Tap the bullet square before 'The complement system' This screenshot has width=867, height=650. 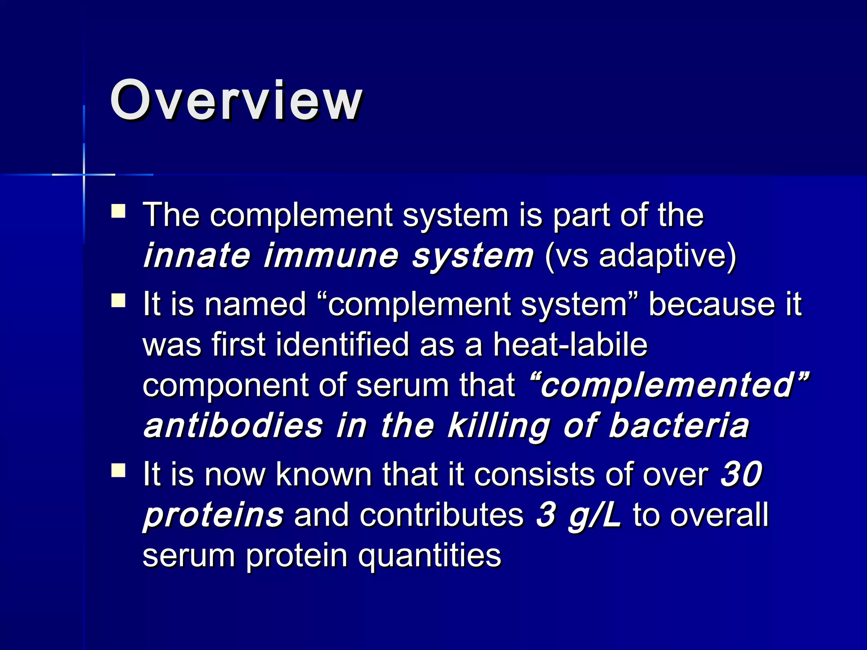tap(119, 211)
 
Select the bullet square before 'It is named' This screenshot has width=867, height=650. tap(119, 300)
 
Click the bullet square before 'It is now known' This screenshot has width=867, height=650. tap(119, 470)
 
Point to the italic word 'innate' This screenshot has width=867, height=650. tap(197, 256)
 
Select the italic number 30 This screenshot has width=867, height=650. tap(741, 474)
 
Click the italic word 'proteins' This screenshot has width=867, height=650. tap(213, 515)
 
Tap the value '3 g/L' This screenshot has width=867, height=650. tap(578, 515)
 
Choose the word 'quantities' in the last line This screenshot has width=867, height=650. tap(429, 555)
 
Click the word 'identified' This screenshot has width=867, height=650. tap(342, 344)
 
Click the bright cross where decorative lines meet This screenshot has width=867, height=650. tap(84, 174)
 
